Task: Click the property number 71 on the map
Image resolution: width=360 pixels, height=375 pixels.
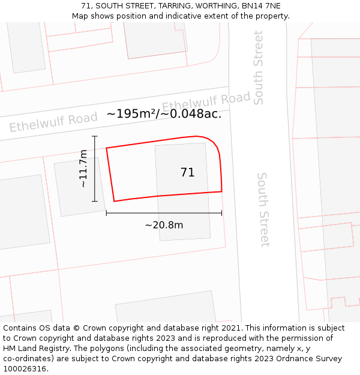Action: coord(187,173)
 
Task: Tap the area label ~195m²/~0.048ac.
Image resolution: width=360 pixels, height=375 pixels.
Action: coord(164,114)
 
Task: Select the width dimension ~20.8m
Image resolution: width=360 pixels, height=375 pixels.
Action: coord(164,225)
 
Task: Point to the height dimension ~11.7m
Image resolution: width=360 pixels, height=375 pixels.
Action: coord(83,169)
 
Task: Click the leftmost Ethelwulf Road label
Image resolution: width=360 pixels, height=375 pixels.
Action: coord(53,122)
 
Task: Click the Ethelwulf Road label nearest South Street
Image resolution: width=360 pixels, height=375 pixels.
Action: coord(206,102)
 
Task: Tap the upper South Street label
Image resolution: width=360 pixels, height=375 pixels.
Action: coord(259,68)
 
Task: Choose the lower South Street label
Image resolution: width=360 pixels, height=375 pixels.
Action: coord(263,209)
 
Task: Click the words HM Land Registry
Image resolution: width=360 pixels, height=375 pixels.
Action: coord(35,349)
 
